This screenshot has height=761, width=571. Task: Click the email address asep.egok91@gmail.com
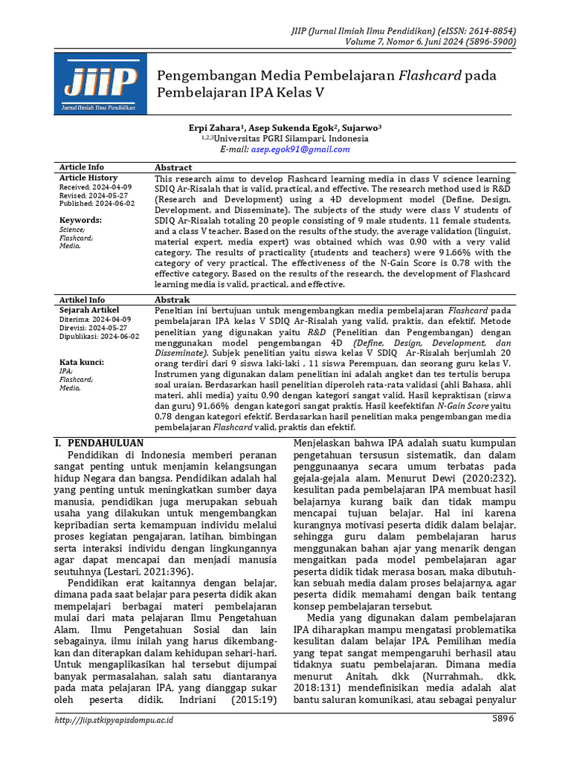pyautogui.click(x=300, y=149)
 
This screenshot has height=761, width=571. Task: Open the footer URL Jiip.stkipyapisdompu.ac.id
pyautogui.click(x=117, y=720)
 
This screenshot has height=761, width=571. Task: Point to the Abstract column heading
pyautogui.click(x=173, y=168)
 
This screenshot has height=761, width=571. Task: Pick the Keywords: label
pyautogui.click(x=80, y=221)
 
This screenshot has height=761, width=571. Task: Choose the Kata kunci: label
pyautogui.click(x=82, y=363)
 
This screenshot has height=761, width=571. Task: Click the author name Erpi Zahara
pyautogui.click(x=216, y=128)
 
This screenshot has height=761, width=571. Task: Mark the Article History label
pyautogui.click(x=88, y=178)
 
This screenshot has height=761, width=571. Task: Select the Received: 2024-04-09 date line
pyautogui.click(x=96, y=188)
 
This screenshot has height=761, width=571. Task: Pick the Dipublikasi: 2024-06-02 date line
pyautogui.click(x=98, y=337)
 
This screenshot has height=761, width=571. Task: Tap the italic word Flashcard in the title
pyautogui.click(x=430, y=76)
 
